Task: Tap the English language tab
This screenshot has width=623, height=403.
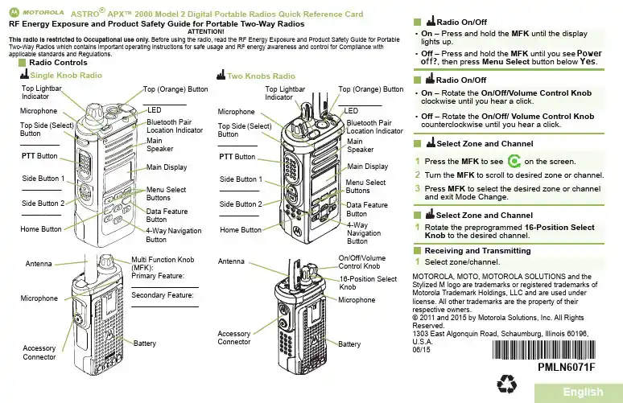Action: click(583, 392)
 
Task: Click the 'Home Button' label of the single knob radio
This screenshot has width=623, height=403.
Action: click(40, 229)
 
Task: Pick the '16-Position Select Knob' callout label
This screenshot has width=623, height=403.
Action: click(368, 282)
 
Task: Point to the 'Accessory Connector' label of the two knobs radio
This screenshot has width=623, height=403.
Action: click(234, 338)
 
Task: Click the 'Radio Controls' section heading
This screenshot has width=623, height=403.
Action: click(58, 63)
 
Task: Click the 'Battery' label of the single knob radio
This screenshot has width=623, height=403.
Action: click(144, 344)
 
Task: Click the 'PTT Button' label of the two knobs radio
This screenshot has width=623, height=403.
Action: click(237, 156)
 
